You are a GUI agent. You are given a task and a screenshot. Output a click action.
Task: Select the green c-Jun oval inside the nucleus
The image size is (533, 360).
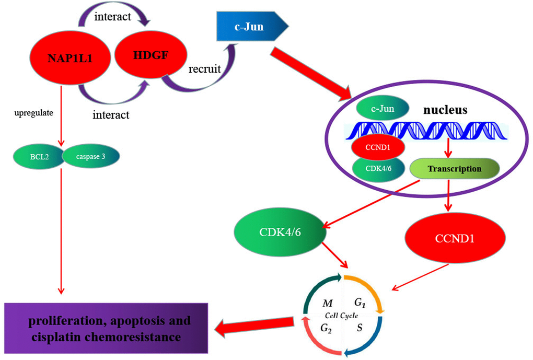pos(383,110)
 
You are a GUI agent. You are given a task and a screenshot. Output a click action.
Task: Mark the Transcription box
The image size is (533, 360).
pos(453,169)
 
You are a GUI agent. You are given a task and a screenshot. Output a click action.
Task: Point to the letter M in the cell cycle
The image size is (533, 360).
pos(328,303)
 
